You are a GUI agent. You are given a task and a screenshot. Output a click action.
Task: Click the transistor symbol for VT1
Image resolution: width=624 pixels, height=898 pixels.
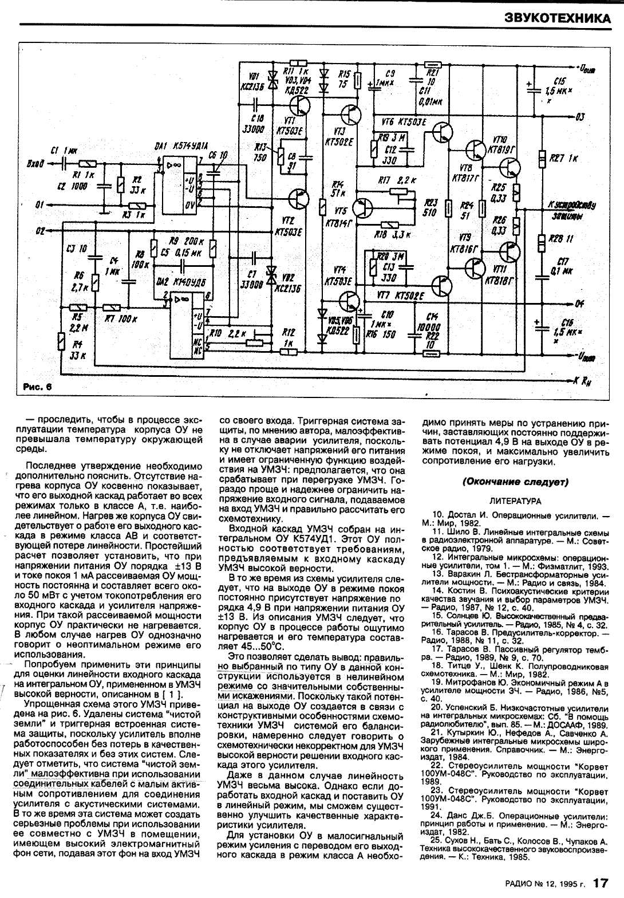[x=299, y=105]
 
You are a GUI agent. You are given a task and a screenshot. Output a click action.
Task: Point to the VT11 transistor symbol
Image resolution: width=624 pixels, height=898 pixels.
[x=508, y=252]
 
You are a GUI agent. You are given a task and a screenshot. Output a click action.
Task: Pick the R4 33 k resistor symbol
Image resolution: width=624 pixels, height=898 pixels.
[x=62, y=342]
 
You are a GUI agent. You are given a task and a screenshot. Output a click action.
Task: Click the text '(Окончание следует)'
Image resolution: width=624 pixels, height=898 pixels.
[x=515, y=482]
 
